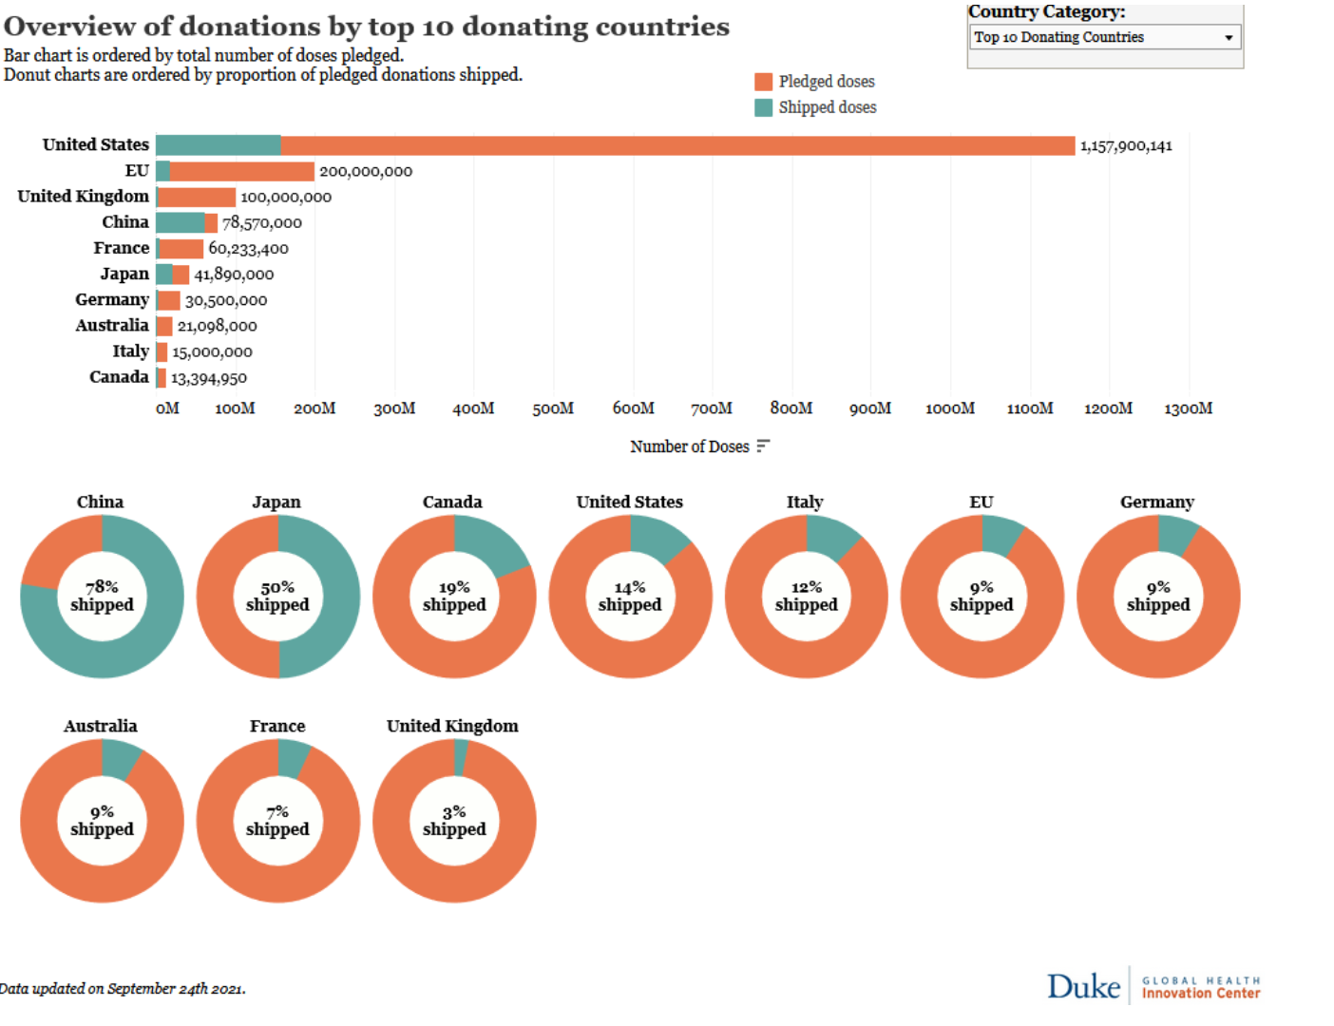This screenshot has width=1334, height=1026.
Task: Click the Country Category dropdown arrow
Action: tap(1229, 38)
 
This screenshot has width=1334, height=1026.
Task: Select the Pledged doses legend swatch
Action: tap(764, 82)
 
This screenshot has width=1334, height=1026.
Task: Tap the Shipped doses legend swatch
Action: tap(764, 107)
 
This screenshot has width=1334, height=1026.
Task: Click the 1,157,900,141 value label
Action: tap(1126, 146)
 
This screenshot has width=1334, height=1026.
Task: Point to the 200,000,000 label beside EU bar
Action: tap(366, 172)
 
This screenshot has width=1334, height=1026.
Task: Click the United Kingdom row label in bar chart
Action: tap(84, 197)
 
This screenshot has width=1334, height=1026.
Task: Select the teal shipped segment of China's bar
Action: tap(180, 222)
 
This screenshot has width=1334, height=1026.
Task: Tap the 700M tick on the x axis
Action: tap(712, 408)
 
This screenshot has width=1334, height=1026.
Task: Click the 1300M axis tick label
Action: tap(1188, 408)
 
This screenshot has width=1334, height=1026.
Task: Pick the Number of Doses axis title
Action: tap(690, 446)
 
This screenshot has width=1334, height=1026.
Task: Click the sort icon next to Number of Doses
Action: tap(763, 446)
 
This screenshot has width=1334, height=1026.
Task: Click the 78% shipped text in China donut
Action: tap(102, 597)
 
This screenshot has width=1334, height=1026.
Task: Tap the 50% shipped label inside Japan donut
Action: tap(277, 597)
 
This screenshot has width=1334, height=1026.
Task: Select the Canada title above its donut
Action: tap(452, 502)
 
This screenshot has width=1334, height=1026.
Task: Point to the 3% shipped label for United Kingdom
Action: tap(454, 821)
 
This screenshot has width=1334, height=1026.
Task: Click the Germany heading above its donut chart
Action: tap(1157, 502)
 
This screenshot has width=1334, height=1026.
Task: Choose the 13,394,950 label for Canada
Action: tap(209, 378)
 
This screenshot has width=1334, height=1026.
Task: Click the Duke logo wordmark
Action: tap(1084, 986)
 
